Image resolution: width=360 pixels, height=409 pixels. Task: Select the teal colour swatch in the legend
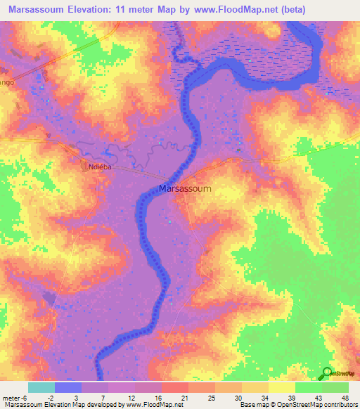tap(41, 387)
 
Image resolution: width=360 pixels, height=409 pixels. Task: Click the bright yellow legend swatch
tap(281, 387)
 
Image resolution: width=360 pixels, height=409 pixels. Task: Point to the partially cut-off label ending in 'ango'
tap(7, 82)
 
